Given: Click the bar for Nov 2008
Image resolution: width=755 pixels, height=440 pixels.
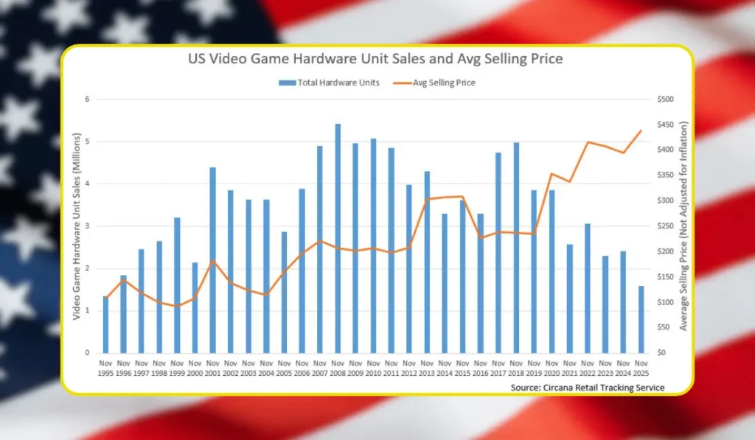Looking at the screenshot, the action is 338,238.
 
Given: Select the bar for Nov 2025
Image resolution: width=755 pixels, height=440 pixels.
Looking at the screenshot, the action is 641,320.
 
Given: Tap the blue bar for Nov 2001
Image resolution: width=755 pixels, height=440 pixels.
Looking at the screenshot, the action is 213,260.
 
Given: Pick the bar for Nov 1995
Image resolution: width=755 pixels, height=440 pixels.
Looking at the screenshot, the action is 106,324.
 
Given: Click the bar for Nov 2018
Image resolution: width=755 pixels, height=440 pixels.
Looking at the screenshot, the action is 516,248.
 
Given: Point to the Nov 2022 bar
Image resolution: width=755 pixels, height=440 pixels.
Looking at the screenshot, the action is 588,288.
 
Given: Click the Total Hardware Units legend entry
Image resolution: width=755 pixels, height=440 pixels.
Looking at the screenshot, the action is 330,83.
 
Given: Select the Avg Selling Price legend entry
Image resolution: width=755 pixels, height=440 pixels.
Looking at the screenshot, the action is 434,83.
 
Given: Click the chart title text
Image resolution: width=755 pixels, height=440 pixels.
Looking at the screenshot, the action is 375,59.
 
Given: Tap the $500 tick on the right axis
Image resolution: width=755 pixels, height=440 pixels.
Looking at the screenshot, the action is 666,99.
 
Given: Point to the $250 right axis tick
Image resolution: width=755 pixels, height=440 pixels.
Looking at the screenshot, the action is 666,226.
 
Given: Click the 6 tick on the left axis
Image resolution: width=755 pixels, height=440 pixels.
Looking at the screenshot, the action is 87,99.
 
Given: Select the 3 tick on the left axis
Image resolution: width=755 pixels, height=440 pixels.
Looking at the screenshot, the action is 87,226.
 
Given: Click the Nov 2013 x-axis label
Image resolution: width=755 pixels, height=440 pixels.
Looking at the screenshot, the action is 427,369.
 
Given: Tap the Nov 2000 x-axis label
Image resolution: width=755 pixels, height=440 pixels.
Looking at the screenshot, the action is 195,369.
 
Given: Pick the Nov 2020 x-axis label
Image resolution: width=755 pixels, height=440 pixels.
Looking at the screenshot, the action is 552,369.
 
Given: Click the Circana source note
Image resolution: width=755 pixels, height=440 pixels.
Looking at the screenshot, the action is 588,388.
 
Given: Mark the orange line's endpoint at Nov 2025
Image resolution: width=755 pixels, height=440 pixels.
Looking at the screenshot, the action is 641,130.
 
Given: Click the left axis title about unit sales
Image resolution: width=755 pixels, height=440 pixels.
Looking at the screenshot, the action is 76,226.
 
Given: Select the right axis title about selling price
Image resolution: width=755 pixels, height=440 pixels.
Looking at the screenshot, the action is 683,226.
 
